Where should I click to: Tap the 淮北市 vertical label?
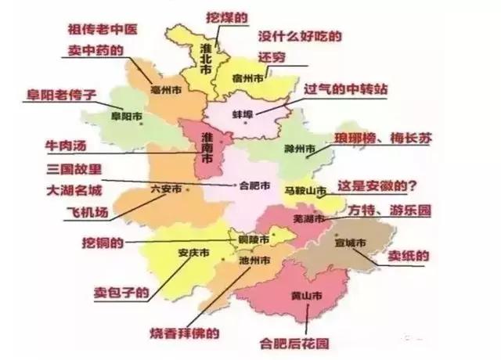(205, 59)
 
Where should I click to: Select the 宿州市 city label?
(249, 78)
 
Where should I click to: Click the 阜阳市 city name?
(127, 117)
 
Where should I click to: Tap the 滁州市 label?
(300, 149)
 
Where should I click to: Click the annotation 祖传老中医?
(104, 29)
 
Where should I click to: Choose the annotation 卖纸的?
(410, 255)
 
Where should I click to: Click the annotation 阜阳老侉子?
(61, 95)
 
